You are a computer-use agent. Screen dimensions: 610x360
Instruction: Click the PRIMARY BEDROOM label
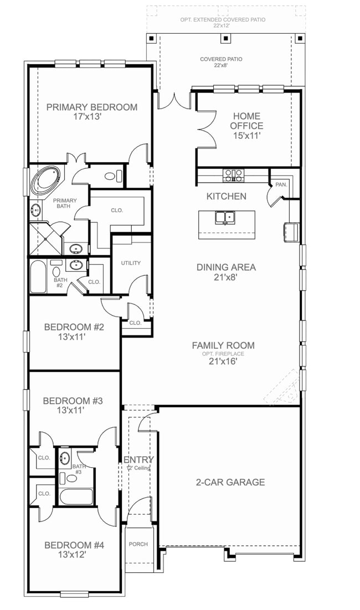pos(91,107)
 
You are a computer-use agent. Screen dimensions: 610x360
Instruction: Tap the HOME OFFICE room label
pos(247,121)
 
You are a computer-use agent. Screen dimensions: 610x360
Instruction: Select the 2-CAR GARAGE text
pos(230,482)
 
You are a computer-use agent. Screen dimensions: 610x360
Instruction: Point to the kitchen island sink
pos(225,217)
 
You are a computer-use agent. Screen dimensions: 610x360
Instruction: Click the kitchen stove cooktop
pos(233,175)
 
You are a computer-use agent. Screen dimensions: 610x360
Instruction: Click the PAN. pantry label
pos(281,184)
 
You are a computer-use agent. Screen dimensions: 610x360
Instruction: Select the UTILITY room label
pos(131,263)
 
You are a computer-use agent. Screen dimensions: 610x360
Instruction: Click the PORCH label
pos(138,544)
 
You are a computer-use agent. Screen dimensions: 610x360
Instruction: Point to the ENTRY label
pos(138,460)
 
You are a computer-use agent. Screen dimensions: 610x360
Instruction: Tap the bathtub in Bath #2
pos(38,277)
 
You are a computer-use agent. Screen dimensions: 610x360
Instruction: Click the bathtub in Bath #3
pos(76,496)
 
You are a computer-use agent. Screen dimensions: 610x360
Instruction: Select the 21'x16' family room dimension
pos(223,363)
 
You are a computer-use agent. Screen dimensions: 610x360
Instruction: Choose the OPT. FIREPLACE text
pos(223,354)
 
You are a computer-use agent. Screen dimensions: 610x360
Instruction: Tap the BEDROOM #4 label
pos(74,545)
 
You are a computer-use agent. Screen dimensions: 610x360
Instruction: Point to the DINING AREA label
pos(226,267)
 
